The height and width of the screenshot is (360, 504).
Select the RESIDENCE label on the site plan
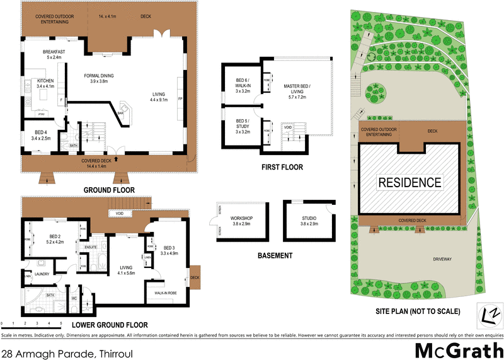[410, 183]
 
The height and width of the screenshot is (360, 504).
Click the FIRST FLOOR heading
[282, 168]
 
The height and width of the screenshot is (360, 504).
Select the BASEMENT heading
[275, 256]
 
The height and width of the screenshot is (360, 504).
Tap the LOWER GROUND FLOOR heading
[105, 325]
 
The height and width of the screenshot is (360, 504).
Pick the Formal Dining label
[100, 78]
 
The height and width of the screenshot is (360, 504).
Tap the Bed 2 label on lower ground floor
[55, 238]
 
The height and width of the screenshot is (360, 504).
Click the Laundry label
[43, 274]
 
